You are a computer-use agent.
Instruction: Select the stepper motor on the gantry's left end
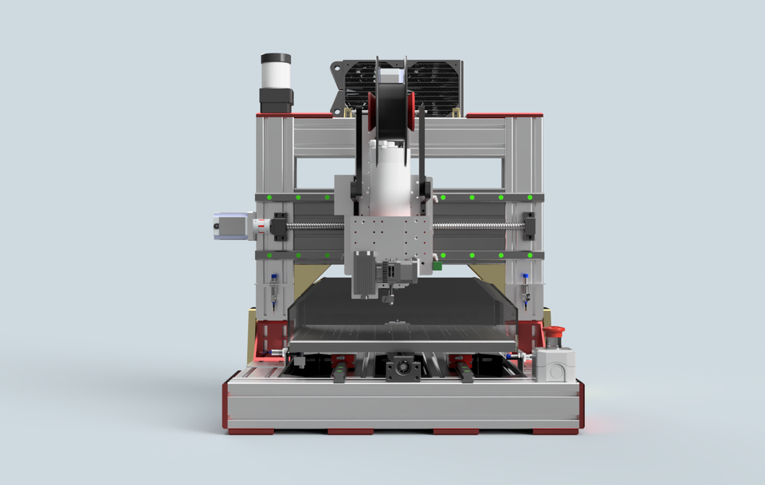pyautogui.click(x=229, y=225)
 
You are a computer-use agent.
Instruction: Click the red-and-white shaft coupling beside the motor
pyautogui.click(x=259, y=226)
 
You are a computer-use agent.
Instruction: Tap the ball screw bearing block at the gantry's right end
pyautogui.click(x=528, y=226)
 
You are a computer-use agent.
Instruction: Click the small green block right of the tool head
pyautogui.click(x=437, y=263)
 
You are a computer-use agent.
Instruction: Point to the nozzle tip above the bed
pyautogui.click(x=390, y=301)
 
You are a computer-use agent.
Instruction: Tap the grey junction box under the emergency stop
pyautogui.click(x=555, y=364)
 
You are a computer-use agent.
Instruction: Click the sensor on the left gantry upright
pyautogui.click(x=274, y=291)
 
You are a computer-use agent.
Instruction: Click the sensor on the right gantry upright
pyautogui.click(x=526, y=291)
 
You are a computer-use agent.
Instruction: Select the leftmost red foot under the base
pyautogui.click(x=250, y=432)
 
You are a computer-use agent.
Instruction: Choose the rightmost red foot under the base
pyautogui.click(x=555, y=432)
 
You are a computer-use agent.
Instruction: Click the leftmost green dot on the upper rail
pyautogui.click(x=269, y=196)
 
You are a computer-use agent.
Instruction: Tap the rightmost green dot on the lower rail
pyautogui.click(x=531, y=254)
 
